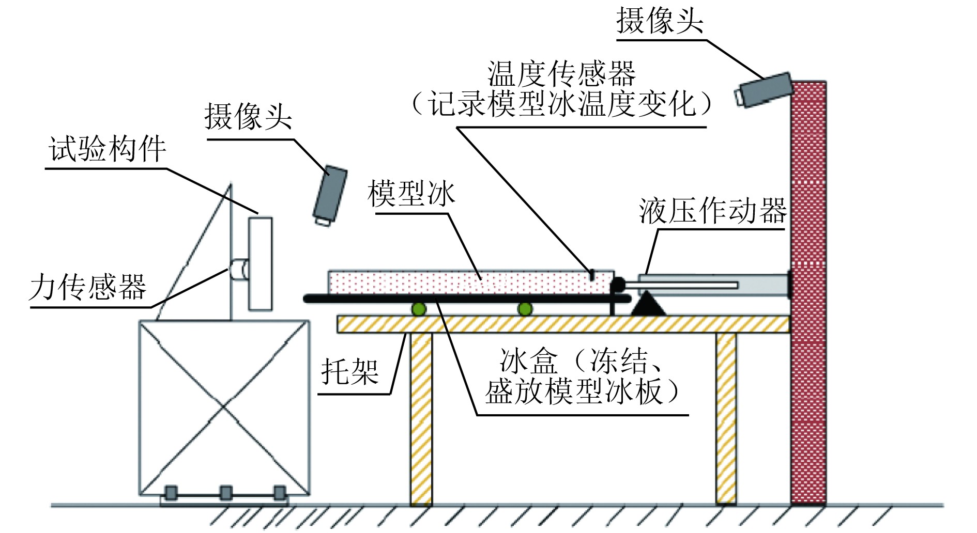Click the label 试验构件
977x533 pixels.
(108, 149)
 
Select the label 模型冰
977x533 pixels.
(411, 194)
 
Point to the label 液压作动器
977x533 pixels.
(712, 211)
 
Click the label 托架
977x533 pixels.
(350, 371)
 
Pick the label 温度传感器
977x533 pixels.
(561, 74)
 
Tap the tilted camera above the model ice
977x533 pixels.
(329, 195)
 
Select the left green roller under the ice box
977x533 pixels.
(418, 309)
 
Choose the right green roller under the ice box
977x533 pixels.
(525, 309)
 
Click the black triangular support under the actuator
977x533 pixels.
(648, 304)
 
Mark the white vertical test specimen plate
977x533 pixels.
(260, 264)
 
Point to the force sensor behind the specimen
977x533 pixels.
(239, 269)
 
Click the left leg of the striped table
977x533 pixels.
(421, 418)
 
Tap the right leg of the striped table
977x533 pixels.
(726, 418)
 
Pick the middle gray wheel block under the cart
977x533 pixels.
(225, 492)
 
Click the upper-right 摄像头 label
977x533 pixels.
(660, 21)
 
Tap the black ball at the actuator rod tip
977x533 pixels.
(617, 284)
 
